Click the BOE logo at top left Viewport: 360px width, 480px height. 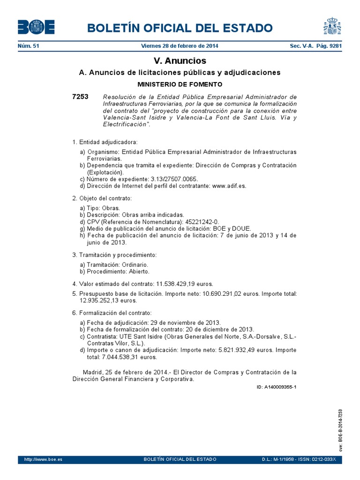36,27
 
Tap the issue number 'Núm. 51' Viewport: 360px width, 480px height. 29,46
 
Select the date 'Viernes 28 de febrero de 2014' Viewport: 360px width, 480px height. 180,46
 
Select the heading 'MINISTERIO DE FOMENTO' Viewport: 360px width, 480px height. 180,84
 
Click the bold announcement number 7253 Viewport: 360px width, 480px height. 80,97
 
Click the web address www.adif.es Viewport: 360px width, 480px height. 229,185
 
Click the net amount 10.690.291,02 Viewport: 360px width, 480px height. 227,293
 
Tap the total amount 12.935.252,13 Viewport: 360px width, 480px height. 101,300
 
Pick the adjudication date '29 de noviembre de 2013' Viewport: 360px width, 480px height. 185,322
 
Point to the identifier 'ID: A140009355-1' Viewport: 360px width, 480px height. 277,387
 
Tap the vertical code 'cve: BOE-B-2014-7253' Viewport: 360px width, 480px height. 341,429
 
